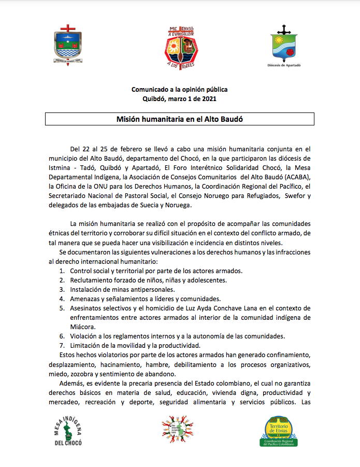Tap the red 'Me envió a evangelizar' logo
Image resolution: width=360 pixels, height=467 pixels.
point(180,47)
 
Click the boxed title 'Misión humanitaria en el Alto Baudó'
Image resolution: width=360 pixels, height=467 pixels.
point(180,119)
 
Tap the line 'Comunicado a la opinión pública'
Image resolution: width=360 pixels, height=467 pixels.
point(179,90)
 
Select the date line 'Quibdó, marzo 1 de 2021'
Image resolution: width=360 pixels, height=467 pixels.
point(179,98)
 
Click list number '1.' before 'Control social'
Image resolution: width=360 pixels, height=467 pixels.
point(62,271)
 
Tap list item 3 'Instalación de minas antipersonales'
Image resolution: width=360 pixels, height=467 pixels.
point(129,289)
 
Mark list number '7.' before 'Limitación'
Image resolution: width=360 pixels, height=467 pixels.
point(62,345)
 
